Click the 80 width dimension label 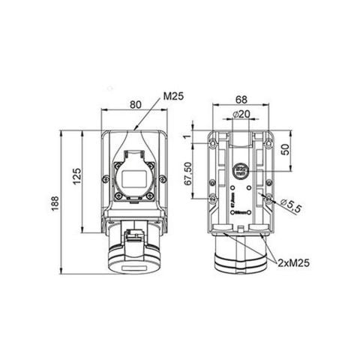coord(134,106)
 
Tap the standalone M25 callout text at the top coord(173,96)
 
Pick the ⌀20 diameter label coord(241,115)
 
